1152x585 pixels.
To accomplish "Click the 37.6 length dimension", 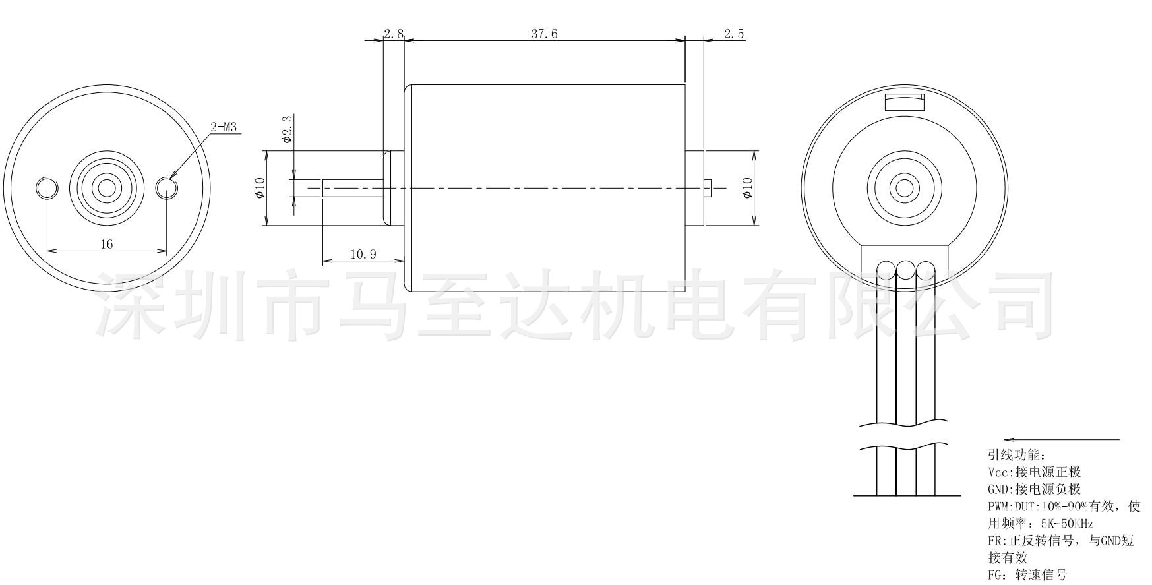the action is coord(544,34).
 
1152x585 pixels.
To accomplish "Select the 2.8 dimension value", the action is coord(394,34).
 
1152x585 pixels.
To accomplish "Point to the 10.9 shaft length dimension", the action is coord(363,254).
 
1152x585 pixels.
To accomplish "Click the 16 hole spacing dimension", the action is coord(106,244).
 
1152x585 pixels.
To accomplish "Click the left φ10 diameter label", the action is coord(260,188).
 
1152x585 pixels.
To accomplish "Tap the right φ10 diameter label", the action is coord(746,188).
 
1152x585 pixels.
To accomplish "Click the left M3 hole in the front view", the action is coord(46,188).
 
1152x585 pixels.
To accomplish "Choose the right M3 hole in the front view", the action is coord(167,188).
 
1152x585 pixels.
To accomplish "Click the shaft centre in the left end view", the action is coord(106,189).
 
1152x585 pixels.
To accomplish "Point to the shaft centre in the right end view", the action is coord(904,189).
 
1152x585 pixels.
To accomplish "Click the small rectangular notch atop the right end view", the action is coord(904,102).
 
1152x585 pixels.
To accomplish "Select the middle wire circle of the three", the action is coord(905,269).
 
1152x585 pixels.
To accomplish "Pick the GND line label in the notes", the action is coord(998,489).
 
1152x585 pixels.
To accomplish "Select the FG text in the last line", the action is coord(996,575).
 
